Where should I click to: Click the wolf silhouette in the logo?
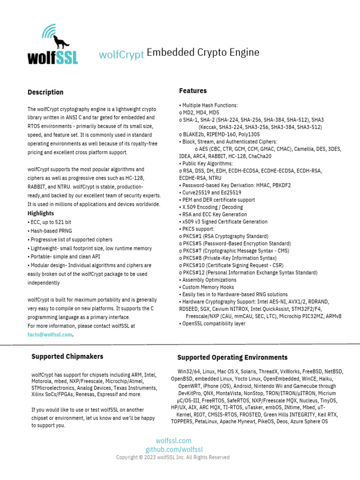tap(60, 42)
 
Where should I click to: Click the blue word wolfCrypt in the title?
tap(121, 54)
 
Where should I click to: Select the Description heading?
tap(45, 92)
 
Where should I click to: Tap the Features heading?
tap(193, 90)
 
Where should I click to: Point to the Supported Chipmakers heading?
tap(67, 356)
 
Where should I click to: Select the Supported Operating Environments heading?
tap(232, 357)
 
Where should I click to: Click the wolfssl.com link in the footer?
tap(173, 441)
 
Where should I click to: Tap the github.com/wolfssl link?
tap(173, 450)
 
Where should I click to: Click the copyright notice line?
tap(173, 457)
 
